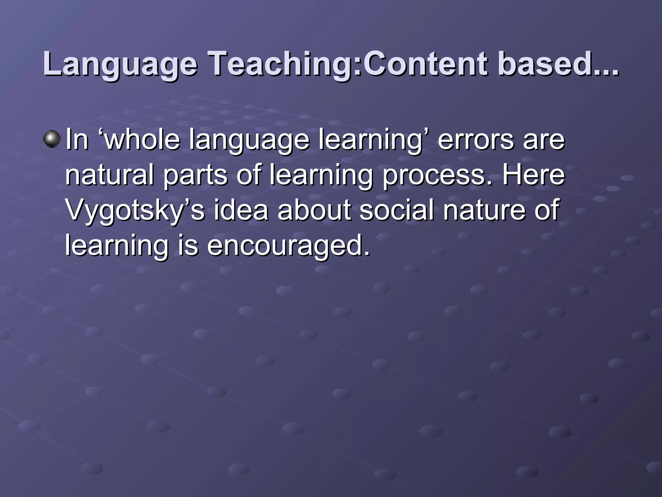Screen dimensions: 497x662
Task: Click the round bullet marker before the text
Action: click(x=52, y=139)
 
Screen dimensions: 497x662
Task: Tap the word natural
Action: click(x=110, y=175)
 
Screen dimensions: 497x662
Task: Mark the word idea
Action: click(x=241, y=210)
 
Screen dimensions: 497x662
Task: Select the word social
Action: click(x=396, y=210)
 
